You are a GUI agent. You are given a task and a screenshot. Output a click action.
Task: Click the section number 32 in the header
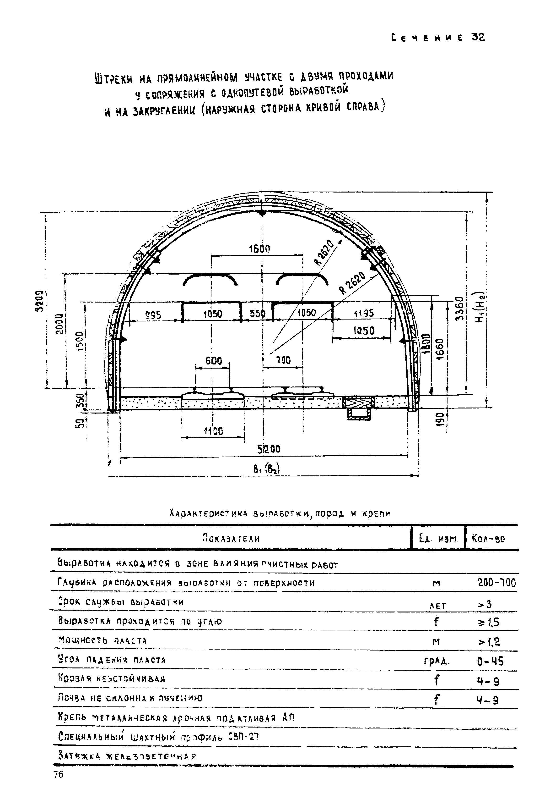click(x=478, y=37)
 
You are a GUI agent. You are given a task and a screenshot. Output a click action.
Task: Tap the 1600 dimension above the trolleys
click(x=259, y=249)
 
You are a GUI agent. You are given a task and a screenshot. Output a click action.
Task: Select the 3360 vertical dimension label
click(x=459, y=309)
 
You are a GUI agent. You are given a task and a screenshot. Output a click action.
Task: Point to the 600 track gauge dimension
click(x=214, y=361)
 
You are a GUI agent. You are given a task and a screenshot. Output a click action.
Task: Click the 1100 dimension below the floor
click(x=213, y=431)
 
